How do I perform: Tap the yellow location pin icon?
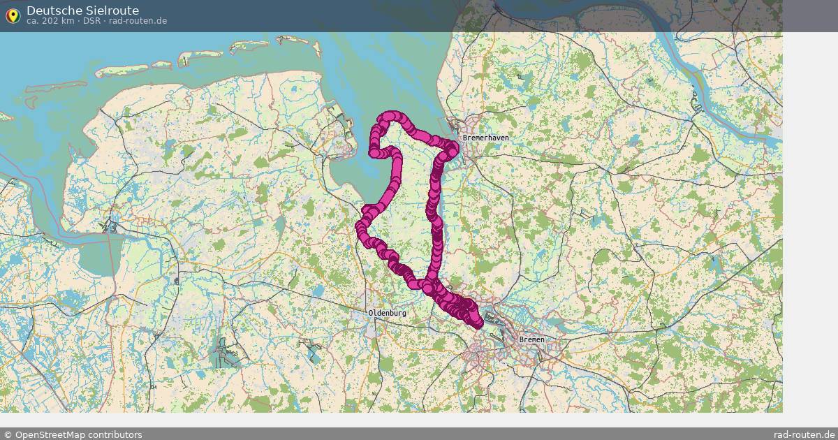tap(13, 15)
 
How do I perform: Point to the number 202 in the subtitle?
tap(50, 21)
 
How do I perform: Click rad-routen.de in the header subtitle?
tap(138, 21)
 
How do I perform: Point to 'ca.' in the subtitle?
tap(33, 21)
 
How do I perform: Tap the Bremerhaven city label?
tap(485, 138)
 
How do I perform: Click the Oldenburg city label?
tap(388, 314)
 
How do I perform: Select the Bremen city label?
tap(531, 339)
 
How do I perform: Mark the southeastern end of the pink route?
tap(478, 322)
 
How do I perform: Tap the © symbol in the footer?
tap(8, 434)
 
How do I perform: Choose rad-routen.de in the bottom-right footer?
tap(804, 434)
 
